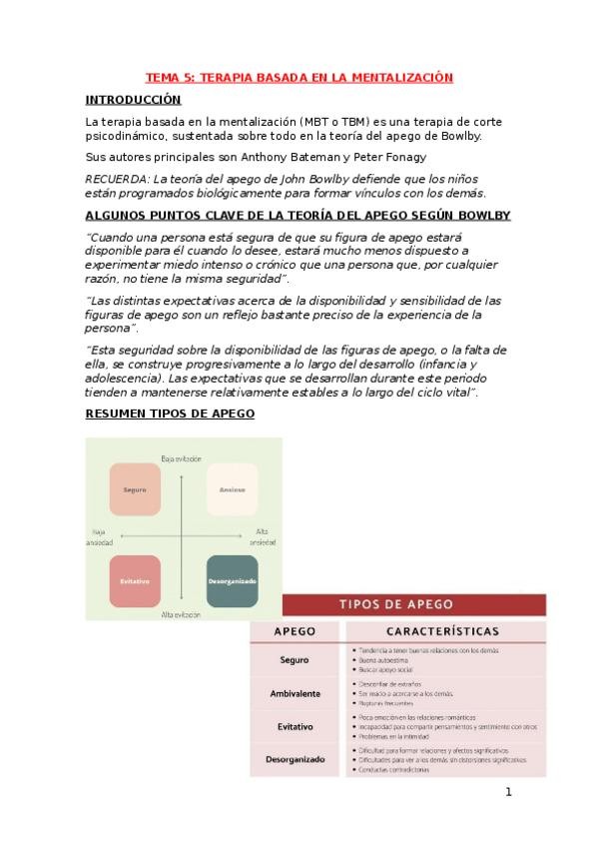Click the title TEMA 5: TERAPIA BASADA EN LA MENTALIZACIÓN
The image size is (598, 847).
pyautogui.click(x=299, y=78)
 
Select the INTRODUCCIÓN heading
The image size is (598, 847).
pyautogui.click(x=133, y=100)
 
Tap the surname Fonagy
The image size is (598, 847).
pyautogui.click(x=408, y=158)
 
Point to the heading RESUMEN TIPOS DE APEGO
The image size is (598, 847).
pyautogui.click(x=169, y=414)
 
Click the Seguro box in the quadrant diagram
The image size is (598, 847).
pyautogui.click(x=135, y=490)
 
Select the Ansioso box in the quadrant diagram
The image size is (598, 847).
pyautogui.click(x=232, y=490)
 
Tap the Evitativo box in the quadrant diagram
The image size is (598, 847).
pyautogui.click(x=135, y=580)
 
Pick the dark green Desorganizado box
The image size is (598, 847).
pyautogui.click(x=232, y=580)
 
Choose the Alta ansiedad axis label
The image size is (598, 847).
pyautogui.click(x=263, y=536)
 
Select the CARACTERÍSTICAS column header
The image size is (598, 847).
pyautogui.click(x=444, y=631)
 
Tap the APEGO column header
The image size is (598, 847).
pyautogui.click(x=297, y=631)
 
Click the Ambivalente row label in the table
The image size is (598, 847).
pyautogui.click(x=297, y=692)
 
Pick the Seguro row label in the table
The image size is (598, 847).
pyautogui.click(x=297, y=659)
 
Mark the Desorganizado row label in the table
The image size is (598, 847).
pyautogui.click(x=297, y=759)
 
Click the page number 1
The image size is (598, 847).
pyautogui.click(x=508, y=793)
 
